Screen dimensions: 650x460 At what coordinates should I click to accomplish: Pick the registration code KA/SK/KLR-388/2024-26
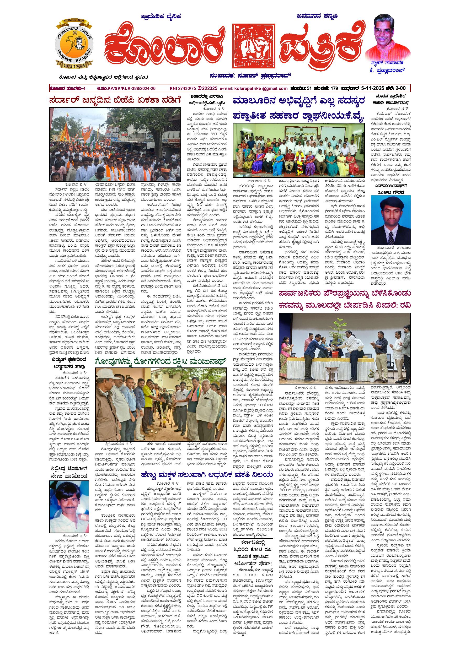pyautogui.click(x=131, y=89)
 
